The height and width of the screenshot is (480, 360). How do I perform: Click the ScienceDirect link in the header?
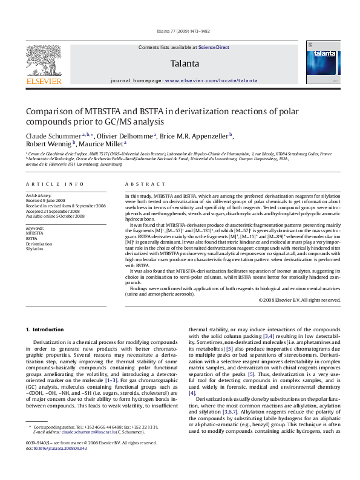(x=214, y=47)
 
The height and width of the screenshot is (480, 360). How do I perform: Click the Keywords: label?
(x=35, y=227)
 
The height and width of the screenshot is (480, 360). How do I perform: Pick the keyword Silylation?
(x=34, y=248)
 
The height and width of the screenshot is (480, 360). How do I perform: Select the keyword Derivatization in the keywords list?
(x=38, y=243)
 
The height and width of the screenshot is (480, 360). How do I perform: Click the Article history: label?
(x=39, y=196)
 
